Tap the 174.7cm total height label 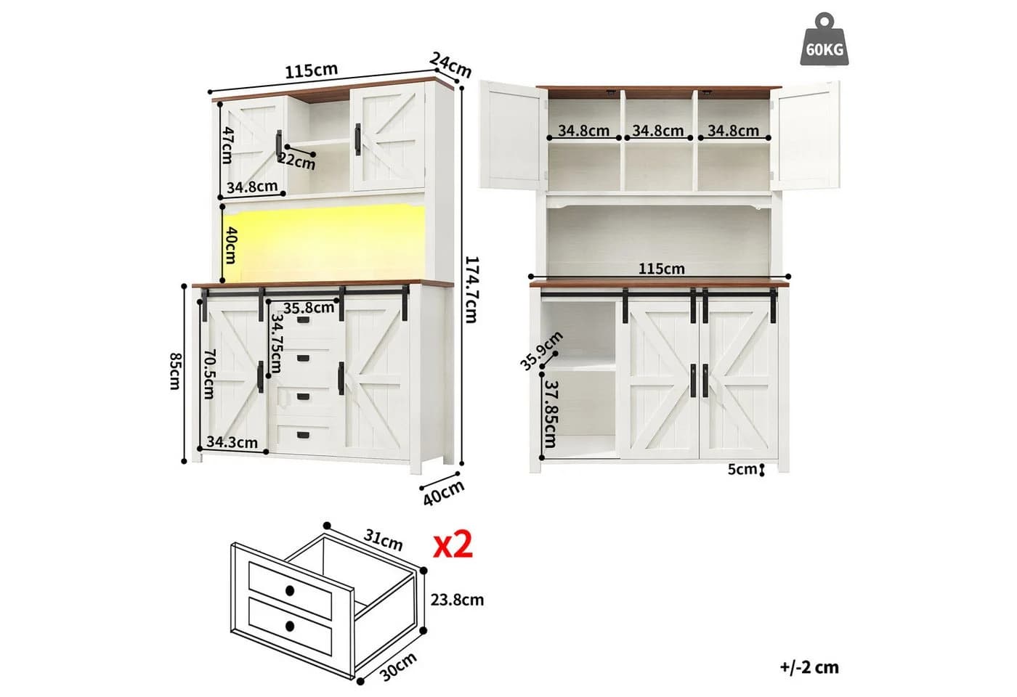click(x=472, y=290)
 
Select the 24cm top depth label click(x=450, y=65)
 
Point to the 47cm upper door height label click(x=227, y=145)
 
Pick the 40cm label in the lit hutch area click(x=231, y=245)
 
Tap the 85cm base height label click(x=175, y=371)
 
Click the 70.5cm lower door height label click(x=208, y=374)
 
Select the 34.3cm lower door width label click(x=232, y=442)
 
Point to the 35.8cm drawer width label click(x=309, y=308)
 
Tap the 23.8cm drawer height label click(x=457, y=600)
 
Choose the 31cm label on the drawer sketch click(x=384, y=540)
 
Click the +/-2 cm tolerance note click(x=809, y=667)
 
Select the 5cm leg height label click(x=742, y=469)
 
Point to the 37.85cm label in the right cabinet click(x=551, y=414)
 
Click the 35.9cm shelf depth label click(x=541, y=350)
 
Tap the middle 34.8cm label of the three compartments click(x=658, y=131)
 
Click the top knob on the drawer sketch click(x=290, y=591)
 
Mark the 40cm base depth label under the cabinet click(x=444, y=493)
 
